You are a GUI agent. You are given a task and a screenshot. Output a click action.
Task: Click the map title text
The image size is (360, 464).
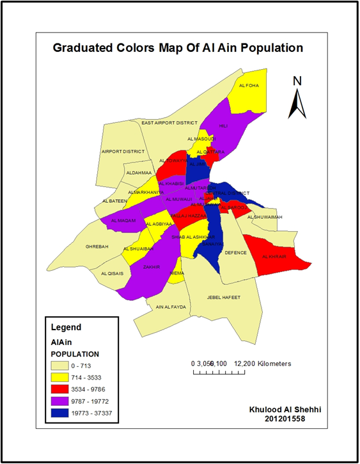178,48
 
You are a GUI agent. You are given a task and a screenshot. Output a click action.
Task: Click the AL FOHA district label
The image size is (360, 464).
248,85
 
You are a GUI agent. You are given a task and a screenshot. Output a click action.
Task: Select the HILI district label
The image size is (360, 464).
223,126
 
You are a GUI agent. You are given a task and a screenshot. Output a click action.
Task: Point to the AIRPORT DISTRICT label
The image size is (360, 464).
123,152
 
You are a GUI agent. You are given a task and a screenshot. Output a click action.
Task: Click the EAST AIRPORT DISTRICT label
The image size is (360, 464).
170,122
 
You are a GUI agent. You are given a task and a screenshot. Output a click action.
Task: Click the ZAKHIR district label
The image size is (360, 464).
152,266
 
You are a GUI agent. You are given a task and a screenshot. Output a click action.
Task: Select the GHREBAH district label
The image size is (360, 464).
97,246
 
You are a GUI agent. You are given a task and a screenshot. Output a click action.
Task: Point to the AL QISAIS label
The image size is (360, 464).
112,273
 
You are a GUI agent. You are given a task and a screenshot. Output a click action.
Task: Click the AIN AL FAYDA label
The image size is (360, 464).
171,307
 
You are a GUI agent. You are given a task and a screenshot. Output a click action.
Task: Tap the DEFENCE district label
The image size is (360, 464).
235,253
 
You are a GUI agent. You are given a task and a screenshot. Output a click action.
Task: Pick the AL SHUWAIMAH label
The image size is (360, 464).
264,217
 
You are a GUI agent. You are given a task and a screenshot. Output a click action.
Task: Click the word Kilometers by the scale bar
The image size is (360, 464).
268,364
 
